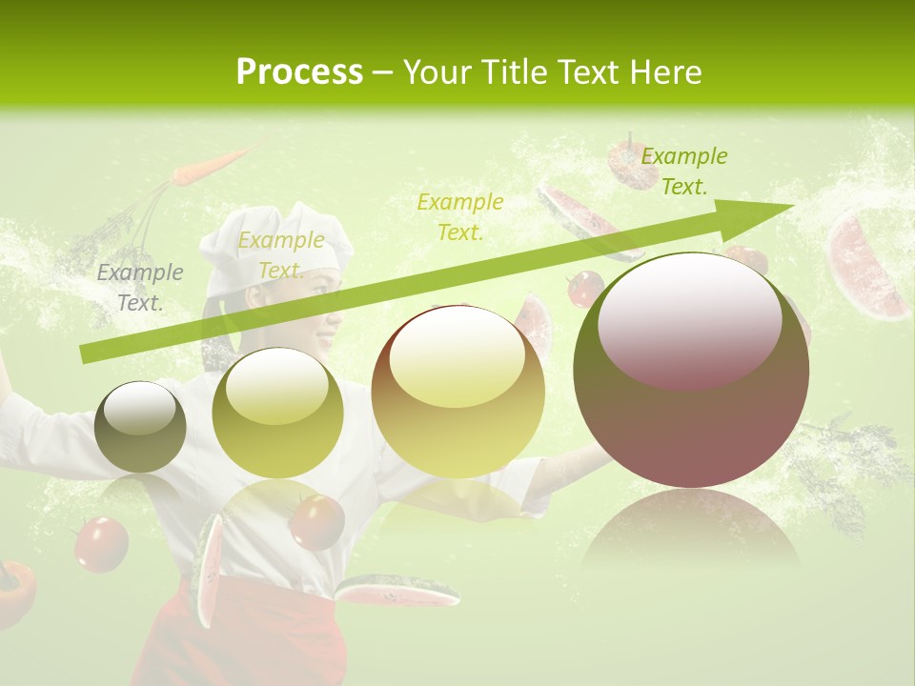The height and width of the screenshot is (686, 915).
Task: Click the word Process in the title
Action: [299, 72]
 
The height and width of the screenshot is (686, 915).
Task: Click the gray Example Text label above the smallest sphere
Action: [140, 288]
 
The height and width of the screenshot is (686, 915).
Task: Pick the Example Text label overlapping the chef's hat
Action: [280, 255]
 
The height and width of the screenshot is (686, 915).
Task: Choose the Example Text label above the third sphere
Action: [459, 216]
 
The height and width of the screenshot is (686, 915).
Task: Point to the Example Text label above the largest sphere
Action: [683, 171]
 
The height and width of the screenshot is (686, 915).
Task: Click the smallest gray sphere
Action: [141, 427]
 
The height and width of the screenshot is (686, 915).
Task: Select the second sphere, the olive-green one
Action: [277, 413]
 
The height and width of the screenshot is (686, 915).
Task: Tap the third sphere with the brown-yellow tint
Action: [457, 392]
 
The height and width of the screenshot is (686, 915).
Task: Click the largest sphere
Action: [691, 371]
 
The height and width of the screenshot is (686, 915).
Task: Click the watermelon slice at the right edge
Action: [865, 267]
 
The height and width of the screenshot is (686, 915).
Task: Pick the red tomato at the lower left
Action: [100, 543]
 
